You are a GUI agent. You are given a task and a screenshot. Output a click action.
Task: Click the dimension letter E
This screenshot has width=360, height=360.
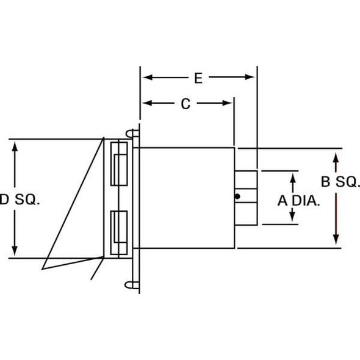pos(198,77)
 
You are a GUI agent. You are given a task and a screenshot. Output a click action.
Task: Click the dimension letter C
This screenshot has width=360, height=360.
pos(186,104)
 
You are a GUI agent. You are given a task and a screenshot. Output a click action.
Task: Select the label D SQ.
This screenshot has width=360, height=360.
pos(19,200)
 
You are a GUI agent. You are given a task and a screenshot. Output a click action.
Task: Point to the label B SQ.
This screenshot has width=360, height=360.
pos(340,182)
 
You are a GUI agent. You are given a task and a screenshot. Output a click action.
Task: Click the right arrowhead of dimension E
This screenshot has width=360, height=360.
pos(250,77)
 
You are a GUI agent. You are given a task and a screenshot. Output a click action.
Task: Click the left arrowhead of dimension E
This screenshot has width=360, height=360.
pos(147,77)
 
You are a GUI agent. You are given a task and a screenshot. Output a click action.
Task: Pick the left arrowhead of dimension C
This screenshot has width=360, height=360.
pos(147,104)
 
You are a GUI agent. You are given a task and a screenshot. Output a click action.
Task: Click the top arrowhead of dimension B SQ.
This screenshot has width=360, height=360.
pos(335,159)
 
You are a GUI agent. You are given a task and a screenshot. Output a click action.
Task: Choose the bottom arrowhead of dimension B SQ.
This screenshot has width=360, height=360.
pos(335,239)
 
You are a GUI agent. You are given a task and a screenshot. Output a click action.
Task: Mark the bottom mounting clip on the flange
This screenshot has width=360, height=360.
pos(132,284)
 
